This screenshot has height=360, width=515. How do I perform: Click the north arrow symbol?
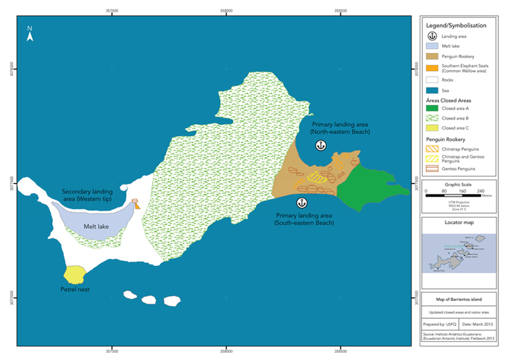point(30,34)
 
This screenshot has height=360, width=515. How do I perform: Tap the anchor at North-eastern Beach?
point(320,146)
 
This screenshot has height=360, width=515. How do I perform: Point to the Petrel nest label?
point(75,289)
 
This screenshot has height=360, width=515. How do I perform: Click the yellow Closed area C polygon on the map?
point(75,274)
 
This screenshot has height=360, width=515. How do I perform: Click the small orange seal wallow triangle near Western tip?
point(136,206)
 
